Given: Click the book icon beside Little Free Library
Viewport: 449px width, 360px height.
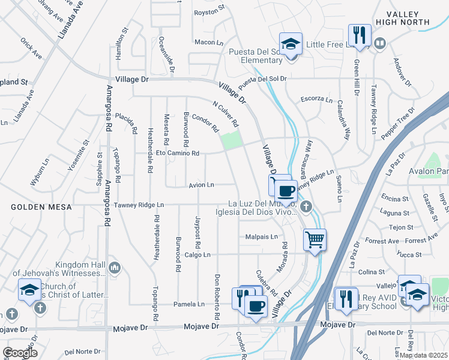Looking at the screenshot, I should click(381, 44).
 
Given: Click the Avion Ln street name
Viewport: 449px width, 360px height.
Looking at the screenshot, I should click(201, 185).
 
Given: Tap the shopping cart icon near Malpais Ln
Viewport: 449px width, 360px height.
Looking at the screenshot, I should click(315, 240).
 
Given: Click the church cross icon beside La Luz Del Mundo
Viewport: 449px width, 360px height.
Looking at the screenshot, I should click(306, 208).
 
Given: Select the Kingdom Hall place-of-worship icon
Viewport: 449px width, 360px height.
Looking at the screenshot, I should click(115, 267).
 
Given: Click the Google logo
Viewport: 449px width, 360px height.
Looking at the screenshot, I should click(20, 353).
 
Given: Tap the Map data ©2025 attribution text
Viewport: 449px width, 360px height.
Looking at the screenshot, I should click(424, 355).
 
